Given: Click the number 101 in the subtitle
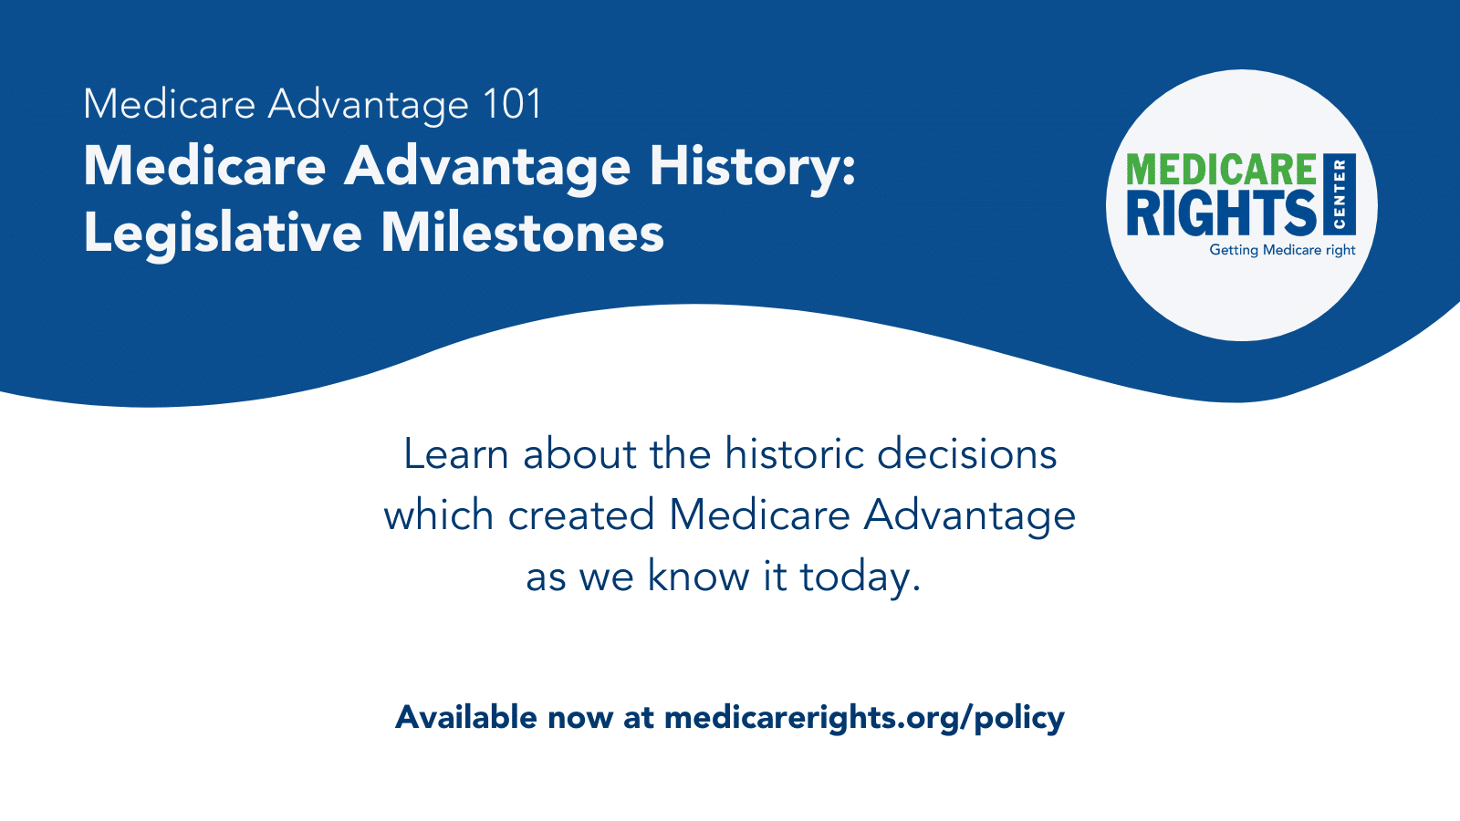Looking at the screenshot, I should [x=513, y=104].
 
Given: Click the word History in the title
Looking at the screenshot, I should [x=752, y=167].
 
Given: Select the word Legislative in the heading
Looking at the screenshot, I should [x=223, y=233].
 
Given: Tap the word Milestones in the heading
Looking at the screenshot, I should [x=522, y=233].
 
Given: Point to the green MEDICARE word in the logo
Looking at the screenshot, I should [x=1221, y=171].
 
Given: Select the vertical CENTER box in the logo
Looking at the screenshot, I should [x=1340, y=193].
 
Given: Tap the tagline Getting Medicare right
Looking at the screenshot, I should [x=1282, y=250].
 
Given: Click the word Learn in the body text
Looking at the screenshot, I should [x=455, y=454].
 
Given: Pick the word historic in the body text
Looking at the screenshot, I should [x=794, y=454].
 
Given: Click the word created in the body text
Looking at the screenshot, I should [x=581, y=515].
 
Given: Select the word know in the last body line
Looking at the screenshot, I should [x=698, y=577].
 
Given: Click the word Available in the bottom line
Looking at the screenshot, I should [x=465, y=717].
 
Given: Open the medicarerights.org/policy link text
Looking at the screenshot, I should [x=863, y=719].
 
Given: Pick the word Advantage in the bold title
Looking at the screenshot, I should [x=486, y=167].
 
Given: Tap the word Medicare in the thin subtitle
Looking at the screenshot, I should [x=169, y=104].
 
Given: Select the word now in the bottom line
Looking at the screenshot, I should [x=579, y=719].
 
